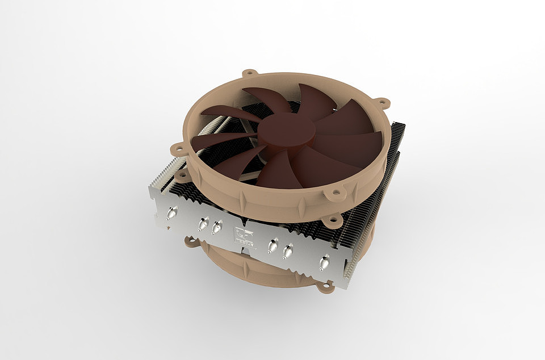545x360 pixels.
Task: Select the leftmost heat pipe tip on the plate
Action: tap(169, 214)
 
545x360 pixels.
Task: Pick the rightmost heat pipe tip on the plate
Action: tap(325, 262)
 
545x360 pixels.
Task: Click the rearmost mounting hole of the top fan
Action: tap(249, 74)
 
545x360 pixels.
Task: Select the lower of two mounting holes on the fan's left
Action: tap(182, 176)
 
